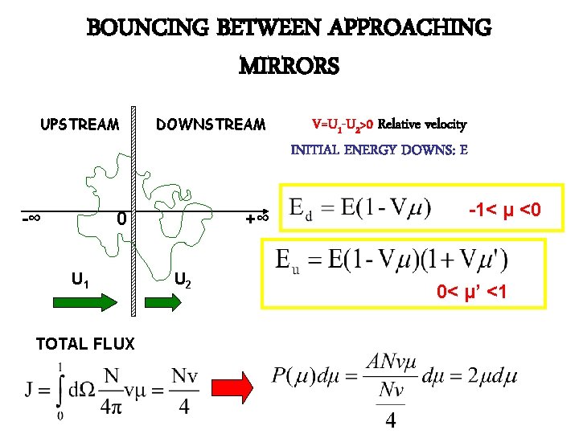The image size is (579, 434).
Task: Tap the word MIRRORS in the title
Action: (289, 65)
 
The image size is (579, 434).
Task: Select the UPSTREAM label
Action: (80, 125)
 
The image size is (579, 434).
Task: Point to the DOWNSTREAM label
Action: (210, 125)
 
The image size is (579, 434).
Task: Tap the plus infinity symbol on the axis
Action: (257, 217)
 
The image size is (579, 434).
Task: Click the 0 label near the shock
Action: (120, 218)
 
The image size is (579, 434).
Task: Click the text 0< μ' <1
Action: (471, 291)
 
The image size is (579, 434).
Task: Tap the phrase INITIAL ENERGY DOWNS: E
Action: (379, 149)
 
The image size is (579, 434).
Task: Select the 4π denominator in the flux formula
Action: (113, 407)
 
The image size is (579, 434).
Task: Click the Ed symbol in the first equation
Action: (297, 211)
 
